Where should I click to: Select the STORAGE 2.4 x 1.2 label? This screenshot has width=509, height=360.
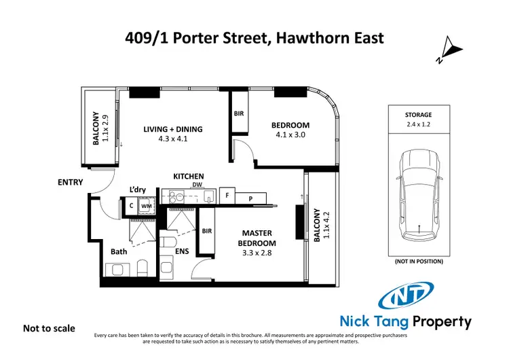coord(418,120)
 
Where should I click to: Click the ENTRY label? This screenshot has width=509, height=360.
coord(70,182)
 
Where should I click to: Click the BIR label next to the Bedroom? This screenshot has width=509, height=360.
coord(240,114)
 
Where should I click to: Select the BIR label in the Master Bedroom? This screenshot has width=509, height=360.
coord(207,231)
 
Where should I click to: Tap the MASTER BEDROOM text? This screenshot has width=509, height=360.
coord(258,238)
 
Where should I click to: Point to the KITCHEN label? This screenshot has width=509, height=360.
coord(189,176)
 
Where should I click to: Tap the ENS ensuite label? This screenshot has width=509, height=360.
coord(182,251)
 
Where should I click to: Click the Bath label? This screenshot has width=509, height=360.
coord(119,251)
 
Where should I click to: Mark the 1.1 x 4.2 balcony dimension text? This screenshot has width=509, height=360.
coord(323,223)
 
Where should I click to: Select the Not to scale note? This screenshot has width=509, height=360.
coord(49,328)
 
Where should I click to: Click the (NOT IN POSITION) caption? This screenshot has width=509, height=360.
coord(418,262)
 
